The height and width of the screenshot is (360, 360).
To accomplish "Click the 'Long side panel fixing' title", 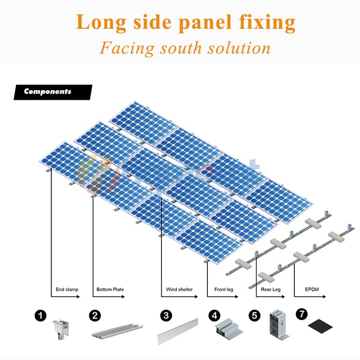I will [186, 22].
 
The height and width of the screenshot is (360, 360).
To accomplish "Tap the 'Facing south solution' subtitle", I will [185, 47].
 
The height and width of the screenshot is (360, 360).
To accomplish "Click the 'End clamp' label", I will [67, 289].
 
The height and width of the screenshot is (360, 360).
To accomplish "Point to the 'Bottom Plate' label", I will [110, 289].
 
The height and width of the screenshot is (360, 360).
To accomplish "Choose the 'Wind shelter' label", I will [179, 289].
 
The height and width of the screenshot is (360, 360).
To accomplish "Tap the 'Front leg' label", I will [223, 289].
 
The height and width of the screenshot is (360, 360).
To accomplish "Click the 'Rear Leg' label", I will [270, 289].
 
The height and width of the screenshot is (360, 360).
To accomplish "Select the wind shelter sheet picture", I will [177, 331].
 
